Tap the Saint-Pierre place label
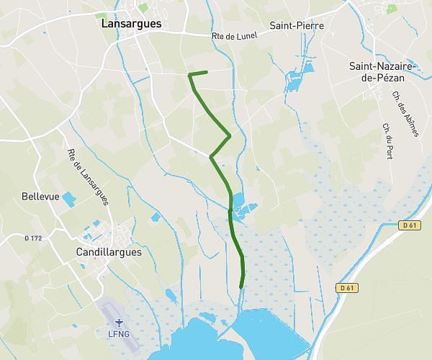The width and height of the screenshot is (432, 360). (x=297, y=26)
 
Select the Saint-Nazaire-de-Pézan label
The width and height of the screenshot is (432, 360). (x=380, y=73)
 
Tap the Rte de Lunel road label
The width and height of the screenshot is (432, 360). (x=234, y=36)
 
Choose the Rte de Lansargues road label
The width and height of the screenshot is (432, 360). (x=86, y=176)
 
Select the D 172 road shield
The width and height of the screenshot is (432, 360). (x=32, y=238)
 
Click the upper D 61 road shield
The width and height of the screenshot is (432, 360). (x=410, y=225)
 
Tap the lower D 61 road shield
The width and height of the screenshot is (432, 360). (x=347, y=288)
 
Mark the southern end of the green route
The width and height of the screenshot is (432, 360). (x=240, y=287)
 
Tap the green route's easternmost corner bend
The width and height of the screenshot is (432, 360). (x=230, y=135)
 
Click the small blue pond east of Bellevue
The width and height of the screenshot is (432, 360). (x=68, y=198)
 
